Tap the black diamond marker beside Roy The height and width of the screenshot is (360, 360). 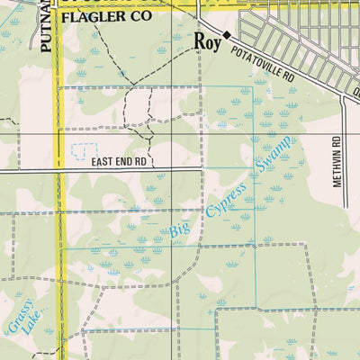pyautogui.click(x=228, y=35)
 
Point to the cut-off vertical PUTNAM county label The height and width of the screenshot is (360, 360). pyautogui.click(x=46, y=27)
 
